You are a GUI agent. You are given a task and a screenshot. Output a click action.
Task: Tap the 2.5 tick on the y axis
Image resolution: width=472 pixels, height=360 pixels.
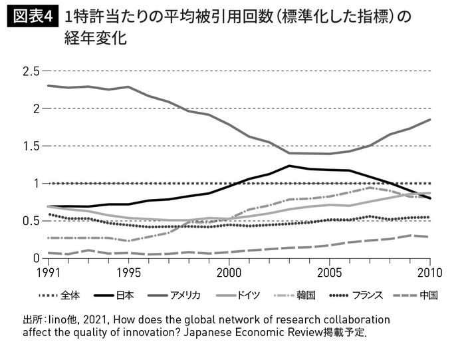click(31, 71)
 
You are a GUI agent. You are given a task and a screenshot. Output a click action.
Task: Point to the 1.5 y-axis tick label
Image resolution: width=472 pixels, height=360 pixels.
click(31, 146)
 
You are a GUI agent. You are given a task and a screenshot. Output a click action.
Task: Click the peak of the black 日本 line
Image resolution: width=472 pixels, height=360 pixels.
click(289, 166)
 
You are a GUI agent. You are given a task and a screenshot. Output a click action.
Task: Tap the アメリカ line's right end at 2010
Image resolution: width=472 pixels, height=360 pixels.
click(430, 120)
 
